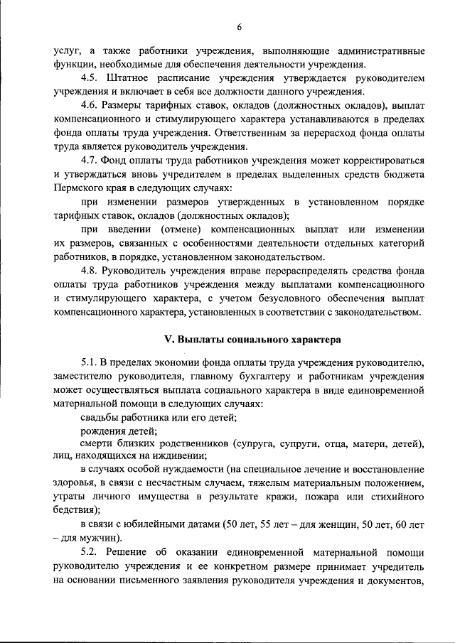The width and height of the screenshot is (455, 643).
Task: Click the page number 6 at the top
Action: pos(240,27)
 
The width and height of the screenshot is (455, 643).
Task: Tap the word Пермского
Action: pos(80,188)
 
